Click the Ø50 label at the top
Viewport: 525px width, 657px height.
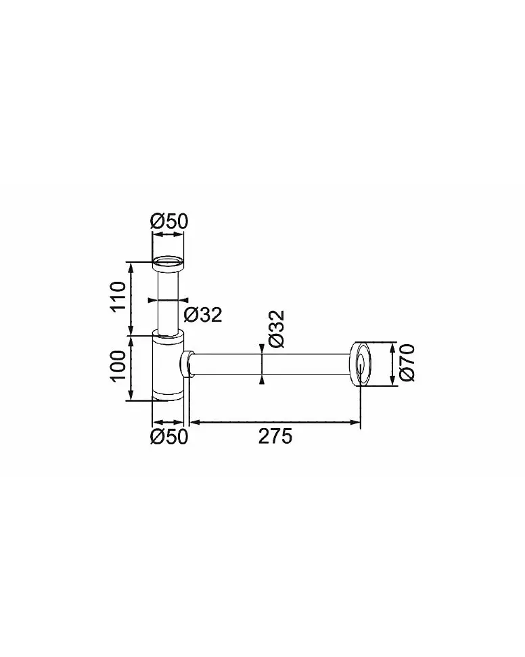169,221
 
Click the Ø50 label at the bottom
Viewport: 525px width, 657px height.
169,437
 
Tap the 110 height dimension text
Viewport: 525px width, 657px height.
118,296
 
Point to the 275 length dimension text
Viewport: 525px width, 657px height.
275,437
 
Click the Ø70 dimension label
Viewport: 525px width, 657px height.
407,363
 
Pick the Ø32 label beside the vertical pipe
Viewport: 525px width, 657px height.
203,314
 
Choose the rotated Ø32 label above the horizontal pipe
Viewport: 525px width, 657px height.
277,329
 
